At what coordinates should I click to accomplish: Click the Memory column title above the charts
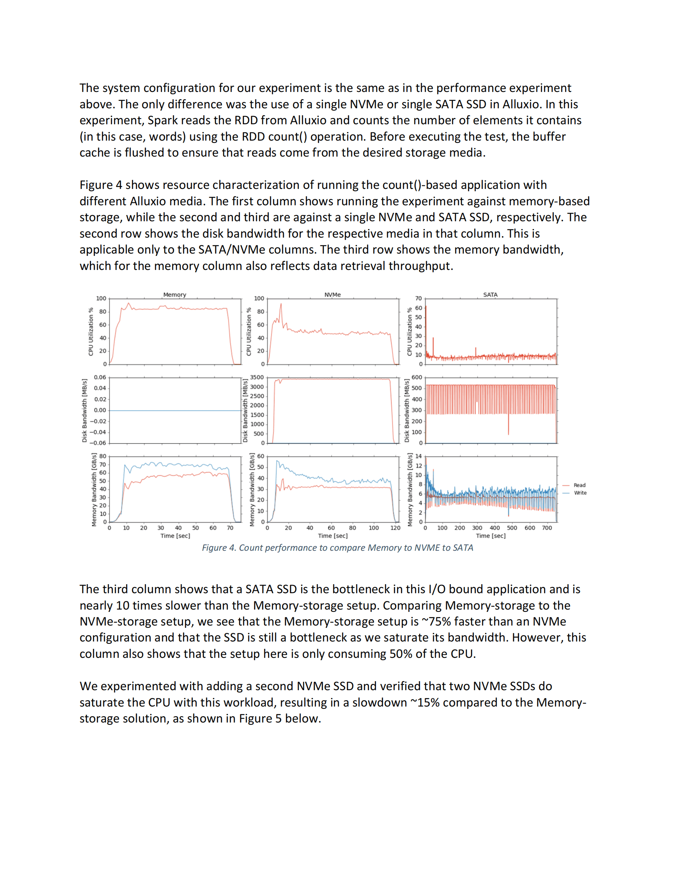175,294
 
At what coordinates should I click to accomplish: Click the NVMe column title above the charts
333,294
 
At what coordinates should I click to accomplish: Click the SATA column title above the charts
490,294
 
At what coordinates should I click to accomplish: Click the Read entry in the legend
579,485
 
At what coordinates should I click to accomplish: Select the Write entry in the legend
580,493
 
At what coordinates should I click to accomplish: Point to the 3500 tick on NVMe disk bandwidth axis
257,377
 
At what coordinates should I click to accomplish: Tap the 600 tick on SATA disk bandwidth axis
416,377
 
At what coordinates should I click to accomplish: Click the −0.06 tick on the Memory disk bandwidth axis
98,443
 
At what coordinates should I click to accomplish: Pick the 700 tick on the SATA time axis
547,528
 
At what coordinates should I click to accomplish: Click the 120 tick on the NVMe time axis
395,528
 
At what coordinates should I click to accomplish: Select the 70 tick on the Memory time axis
230,528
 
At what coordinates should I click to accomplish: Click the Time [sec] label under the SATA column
490,536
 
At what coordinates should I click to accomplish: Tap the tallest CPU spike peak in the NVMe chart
281,304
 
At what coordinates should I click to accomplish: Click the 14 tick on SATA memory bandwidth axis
418,456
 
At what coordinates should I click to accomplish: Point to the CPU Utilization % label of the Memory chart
91,331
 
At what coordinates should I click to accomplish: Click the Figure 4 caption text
337,548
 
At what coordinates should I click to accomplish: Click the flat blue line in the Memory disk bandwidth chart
175,411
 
